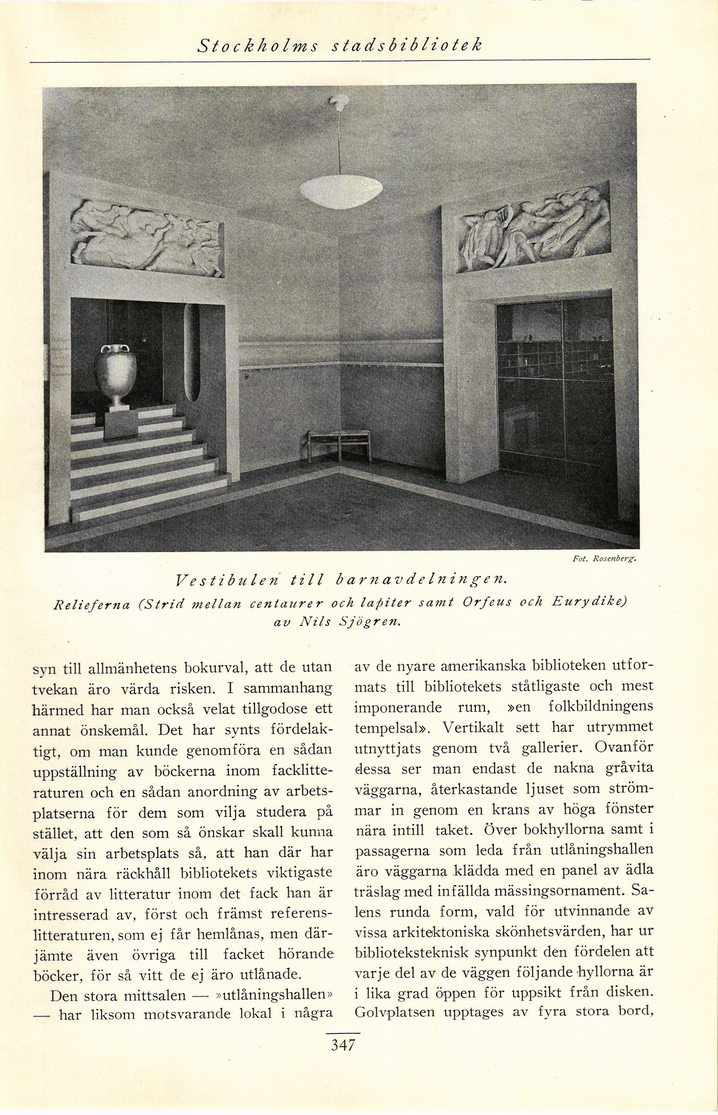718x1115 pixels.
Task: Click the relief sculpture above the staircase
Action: point(145,238)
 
